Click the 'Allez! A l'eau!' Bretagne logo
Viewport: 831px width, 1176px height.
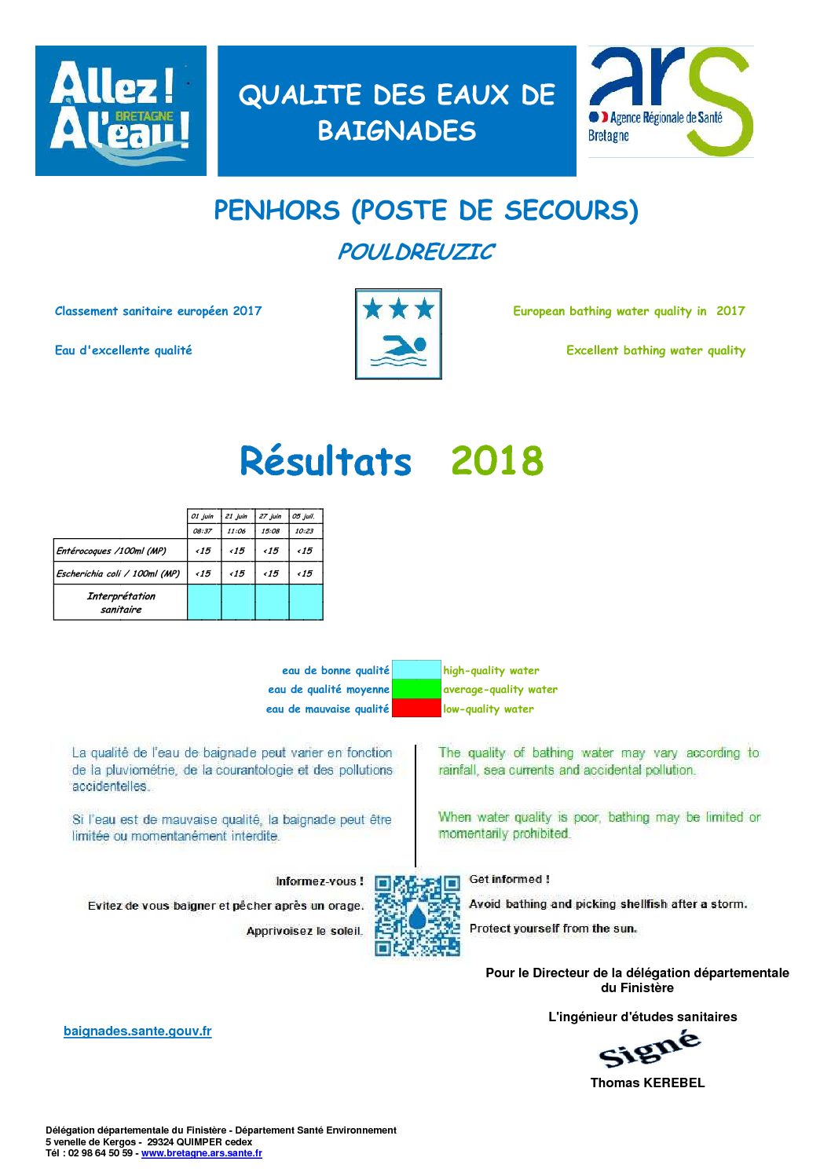[121, 111]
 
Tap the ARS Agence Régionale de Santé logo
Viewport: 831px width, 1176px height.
[670, 102]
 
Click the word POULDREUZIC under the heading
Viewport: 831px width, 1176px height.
[415, 252]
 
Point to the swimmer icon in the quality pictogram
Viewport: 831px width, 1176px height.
[399, 349]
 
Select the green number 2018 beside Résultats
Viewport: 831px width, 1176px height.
[496, 461]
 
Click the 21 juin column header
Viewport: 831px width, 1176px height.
[236, 516]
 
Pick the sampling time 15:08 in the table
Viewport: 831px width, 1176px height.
[270, 531]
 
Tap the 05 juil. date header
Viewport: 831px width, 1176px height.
[304, 516]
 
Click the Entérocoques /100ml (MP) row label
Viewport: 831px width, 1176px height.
[112, 551]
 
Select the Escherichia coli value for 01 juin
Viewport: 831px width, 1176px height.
[203, 573]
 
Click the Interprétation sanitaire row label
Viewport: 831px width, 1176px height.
[121, 603]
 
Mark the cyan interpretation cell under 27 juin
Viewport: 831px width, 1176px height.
[271, 603]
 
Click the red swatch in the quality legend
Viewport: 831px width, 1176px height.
[416, 709]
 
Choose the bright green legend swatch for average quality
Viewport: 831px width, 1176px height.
[416, 689]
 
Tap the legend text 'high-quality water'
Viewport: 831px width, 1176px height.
[491, 671]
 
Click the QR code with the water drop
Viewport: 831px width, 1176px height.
[417, 916]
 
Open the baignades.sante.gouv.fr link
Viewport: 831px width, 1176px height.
[137, 1031]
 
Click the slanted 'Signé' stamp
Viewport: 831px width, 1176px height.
[649, 1050]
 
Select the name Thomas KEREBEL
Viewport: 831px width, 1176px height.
[647, 1083]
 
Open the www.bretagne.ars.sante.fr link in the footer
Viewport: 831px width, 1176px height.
[202, 1153]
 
